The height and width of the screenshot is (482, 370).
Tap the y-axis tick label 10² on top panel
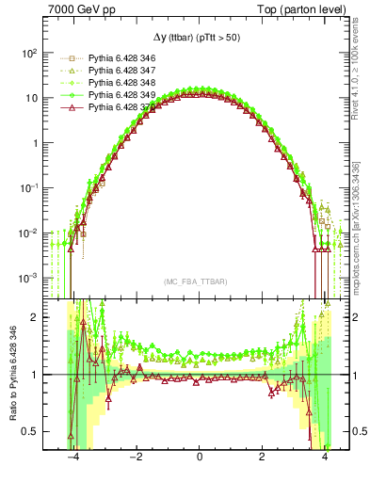point(29,53)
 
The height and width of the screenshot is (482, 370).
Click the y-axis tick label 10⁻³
point(29,278)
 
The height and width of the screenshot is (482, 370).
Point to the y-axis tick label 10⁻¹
point(29,187)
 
